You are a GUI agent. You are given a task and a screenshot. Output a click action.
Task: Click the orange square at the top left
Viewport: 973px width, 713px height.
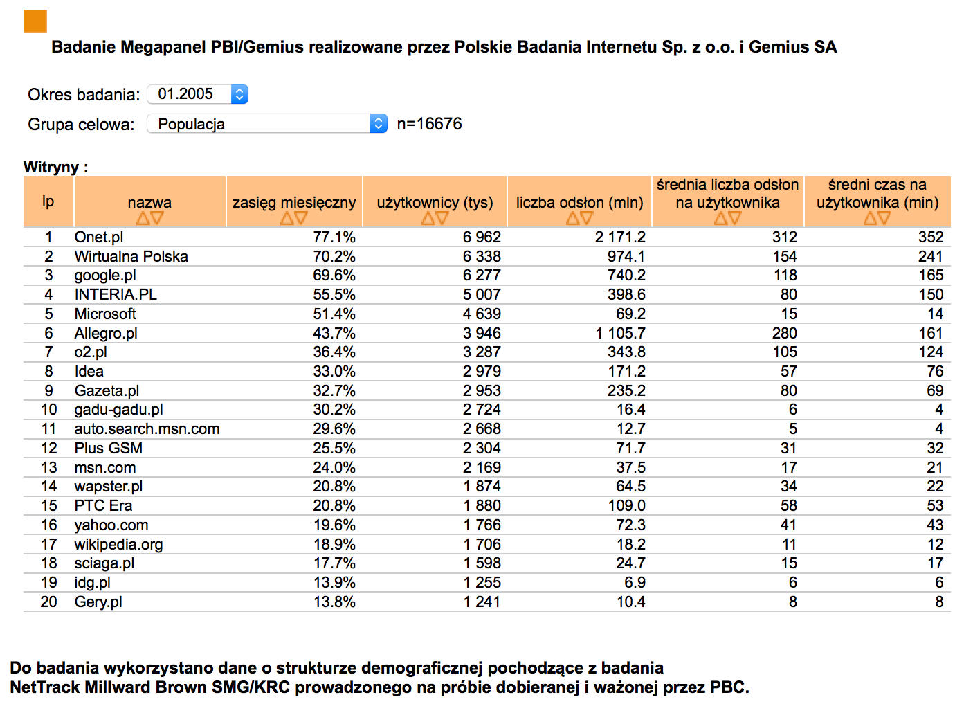click(35, 21)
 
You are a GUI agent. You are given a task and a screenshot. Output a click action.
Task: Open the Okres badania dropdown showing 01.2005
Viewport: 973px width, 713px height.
click(198, 94)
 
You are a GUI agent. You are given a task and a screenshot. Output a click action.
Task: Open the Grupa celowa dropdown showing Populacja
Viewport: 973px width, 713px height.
click(267, 124)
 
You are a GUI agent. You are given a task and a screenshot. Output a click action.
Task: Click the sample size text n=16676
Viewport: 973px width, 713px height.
click(429, 124)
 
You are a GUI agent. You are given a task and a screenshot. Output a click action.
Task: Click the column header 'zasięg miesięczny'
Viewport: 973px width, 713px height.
click(294, 202)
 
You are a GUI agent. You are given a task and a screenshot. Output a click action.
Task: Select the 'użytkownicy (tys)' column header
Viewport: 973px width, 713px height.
click(435, 202)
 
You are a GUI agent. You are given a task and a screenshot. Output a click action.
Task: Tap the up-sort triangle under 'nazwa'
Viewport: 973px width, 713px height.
click(143, 217)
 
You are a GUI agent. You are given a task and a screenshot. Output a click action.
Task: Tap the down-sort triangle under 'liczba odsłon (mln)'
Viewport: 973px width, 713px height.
click(586, 217)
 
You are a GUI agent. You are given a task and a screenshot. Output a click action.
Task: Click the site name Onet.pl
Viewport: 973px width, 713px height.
click(98, 237)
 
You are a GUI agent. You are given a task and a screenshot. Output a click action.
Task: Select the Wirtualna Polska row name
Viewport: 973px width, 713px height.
click(131, 256)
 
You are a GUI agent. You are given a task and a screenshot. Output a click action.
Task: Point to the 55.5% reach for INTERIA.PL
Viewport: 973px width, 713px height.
click(334, 295)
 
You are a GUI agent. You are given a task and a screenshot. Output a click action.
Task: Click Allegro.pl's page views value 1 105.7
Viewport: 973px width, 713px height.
click(620, 333)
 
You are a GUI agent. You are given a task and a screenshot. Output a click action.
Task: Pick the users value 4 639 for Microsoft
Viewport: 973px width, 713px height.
click(482, 314)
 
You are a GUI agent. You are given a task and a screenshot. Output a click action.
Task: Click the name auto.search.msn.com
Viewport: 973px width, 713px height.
click(147, 429)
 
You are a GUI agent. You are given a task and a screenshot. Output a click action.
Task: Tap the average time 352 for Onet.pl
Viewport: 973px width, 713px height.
click(931, 237)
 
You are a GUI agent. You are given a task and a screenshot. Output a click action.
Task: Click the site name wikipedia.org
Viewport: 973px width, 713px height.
click(118, 544)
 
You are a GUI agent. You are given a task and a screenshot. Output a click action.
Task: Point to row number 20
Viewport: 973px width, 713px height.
click(48, 602)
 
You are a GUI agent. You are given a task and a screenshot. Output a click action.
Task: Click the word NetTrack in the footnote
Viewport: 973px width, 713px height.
click(45, 687)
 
